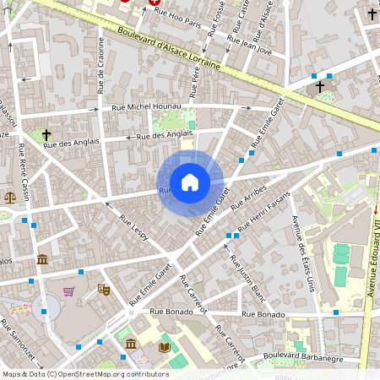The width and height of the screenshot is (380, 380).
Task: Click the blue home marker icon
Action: (x=190, y=182)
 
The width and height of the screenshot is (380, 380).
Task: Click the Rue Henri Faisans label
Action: (x=263, y=211)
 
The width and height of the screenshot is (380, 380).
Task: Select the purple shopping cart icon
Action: (x=68, y=291)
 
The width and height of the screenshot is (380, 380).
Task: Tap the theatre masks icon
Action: (x=104, y=289)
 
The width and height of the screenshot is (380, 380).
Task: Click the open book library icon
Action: (x=164, y=346)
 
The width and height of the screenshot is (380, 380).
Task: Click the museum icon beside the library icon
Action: (x=131, y=344)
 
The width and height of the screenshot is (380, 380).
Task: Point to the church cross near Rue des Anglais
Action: (x=46, y=134)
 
